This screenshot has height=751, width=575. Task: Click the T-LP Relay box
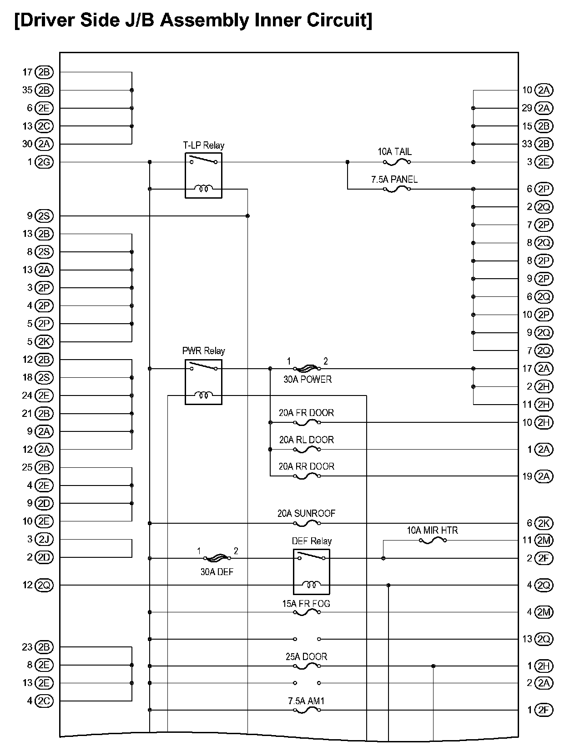[203, 175]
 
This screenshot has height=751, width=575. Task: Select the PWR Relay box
[203, 382]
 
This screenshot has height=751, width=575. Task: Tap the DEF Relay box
[312, 571]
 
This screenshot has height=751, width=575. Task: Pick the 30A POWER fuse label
[308, 379]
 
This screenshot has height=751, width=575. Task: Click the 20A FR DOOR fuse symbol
[307, 422]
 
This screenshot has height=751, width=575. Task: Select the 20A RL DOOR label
[307, 440]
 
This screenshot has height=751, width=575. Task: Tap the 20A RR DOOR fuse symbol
[307, 476]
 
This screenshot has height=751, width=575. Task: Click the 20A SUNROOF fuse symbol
[307, 523]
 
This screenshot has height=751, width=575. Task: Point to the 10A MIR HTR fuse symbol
[433, 540]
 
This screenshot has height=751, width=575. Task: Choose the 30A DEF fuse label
[217, 571]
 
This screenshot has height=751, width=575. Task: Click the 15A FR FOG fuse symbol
[307, 612]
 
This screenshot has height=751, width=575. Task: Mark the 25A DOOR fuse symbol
[307, 666]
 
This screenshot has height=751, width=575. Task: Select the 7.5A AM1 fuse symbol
[307, 710]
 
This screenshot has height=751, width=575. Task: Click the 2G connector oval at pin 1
[44, 162]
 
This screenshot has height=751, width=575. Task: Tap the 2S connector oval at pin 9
[44, 216]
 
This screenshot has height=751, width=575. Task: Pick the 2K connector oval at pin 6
[544, 523]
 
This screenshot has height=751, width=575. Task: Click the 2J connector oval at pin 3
[44, 540]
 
